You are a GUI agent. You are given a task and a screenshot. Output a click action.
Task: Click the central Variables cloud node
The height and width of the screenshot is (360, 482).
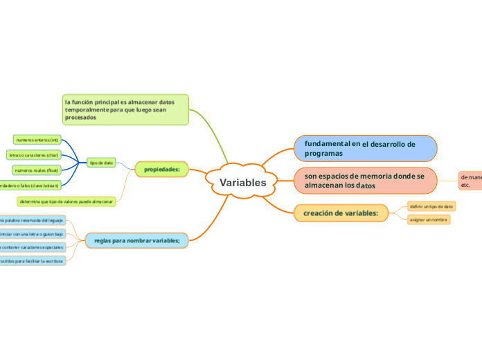point(242,183)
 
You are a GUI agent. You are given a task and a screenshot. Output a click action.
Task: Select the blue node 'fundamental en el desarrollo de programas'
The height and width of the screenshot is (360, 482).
point(366,148)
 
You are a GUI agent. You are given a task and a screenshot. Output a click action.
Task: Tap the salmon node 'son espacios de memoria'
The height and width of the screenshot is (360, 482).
point(366,181)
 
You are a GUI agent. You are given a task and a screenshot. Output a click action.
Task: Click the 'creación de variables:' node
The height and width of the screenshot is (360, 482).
point(341,213)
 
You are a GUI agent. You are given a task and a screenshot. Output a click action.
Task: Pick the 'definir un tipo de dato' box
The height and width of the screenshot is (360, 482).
point(431,206)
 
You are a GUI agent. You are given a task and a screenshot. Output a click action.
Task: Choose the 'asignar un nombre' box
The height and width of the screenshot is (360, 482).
point(429,219)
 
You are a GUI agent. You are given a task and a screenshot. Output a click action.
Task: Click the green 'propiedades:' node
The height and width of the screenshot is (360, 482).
point(161,169)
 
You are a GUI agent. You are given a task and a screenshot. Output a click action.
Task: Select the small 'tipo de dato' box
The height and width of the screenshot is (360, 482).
point(101,163)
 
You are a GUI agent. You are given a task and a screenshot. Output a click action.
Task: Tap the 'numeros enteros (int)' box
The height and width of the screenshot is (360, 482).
point(37,140)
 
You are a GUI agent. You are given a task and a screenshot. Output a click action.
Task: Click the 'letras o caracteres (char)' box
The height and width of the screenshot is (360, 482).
point(33,155)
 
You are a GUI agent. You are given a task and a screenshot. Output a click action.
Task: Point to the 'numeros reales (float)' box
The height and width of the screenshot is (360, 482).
point(37,170)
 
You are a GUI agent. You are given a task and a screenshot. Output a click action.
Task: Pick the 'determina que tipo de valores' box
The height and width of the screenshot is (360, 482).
point(66,201)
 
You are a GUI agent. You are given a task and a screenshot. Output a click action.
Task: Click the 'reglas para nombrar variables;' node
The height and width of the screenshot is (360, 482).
point(136,240)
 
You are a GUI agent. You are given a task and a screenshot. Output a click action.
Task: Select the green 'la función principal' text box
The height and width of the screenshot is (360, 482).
point(125,109)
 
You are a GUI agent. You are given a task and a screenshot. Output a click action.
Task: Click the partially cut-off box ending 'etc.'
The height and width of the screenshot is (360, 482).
point(470,181)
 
